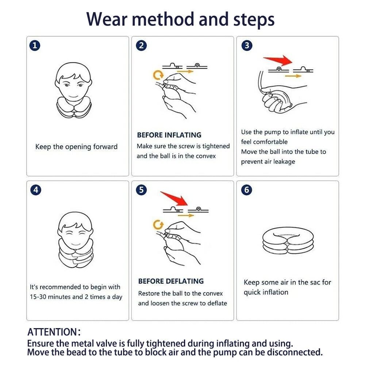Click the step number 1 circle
35,46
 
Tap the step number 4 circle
35,190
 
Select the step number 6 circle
247,190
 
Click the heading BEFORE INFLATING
169,135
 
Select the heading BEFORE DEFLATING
171,281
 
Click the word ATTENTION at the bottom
51,333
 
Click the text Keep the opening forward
76,147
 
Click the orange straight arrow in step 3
293,76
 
